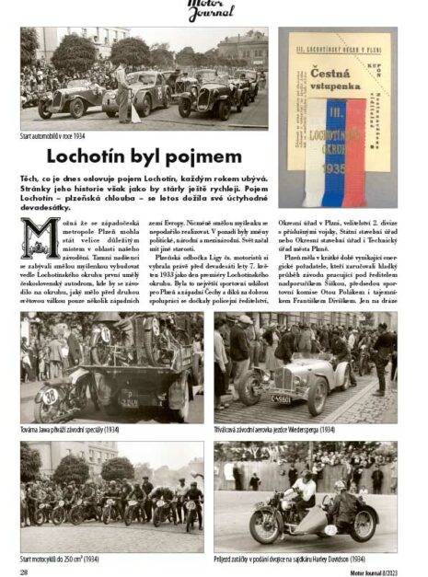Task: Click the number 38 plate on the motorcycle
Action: point(49,395)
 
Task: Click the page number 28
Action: point(24,571)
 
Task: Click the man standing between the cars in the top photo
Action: point(122,92)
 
